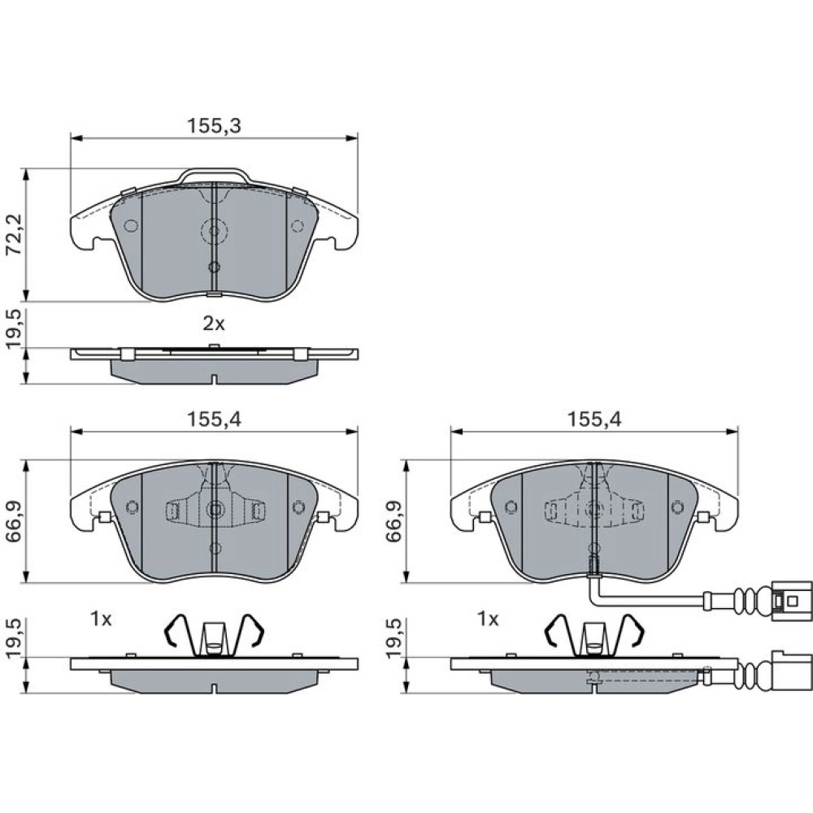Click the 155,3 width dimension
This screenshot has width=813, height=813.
pos(214,126)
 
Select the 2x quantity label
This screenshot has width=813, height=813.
pos(214,324)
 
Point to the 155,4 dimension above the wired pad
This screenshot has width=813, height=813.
pos(594,419)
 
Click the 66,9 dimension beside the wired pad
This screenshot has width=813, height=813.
pos(394,521)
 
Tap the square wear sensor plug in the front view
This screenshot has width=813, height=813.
pos(790,601)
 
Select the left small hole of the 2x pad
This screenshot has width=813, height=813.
pos(131,226)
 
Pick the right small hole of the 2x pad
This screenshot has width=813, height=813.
pos(298,226)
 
